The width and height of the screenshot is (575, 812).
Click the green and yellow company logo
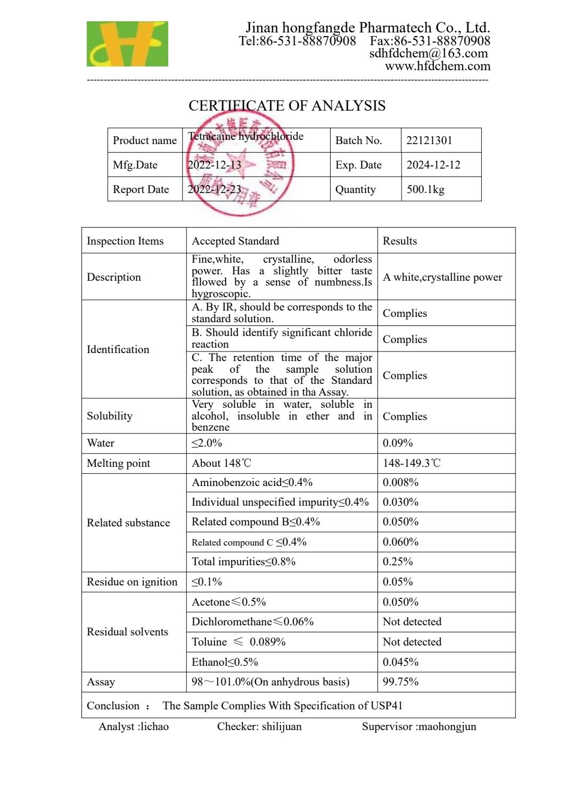127,44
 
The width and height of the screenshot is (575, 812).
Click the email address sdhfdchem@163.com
429,53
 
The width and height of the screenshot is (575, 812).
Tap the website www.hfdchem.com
438,66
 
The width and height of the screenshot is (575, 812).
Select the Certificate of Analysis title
287,106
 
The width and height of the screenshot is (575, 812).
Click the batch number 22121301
429,140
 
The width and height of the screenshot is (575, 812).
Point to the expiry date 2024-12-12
433,165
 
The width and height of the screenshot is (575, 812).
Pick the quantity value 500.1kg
425,189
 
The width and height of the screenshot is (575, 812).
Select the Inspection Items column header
125,241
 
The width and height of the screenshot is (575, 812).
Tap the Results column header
400,241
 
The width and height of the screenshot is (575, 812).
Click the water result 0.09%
398,443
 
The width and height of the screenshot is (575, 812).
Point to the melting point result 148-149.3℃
412,463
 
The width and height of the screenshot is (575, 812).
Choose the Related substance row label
128,523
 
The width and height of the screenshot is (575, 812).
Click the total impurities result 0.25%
398,562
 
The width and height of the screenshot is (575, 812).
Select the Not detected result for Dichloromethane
412,622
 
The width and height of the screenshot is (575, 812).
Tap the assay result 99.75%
400,682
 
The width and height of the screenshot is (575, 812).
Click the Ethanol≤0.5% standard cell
225,662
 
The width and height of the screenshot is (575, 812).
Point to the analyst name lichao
154,726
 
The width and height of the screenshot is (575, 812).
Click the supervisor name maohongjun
446,726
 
